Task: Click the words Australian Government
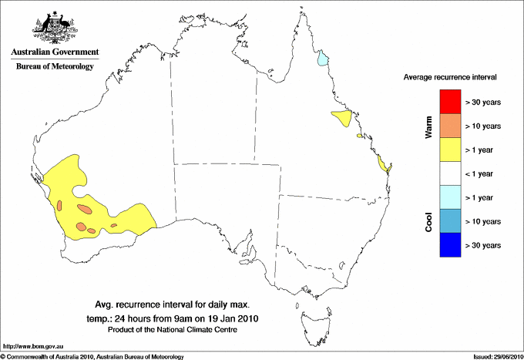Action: click(x=55, y=52)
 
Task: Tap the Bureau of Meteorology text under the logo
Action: click(x=55, y=67)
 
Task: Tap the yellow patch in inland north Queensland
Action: click(x=341, y=118)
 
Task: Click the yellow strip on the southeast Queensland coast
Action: click(x=383, y=163)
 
